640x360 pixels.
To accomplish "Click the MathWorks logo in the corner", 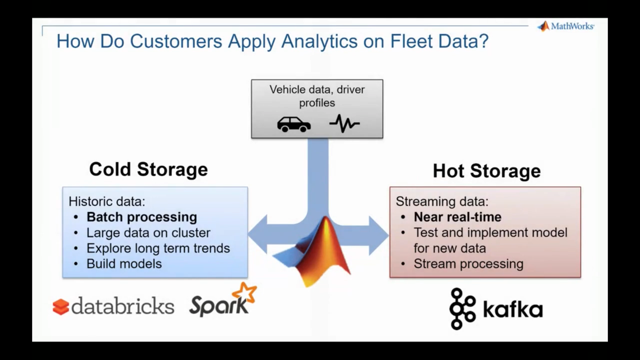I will pos(565,26).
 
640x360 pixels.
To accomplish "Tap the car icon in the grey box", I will pos(294,124).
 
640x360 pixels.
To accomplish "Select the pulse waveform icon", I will pos(344,124).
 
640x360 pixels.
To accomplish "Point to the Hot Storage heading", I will pos(486,171).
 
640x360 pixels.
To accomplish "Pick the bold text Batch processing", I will pos(142,217).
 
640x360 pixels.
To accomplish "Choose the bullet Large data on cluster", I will pos(148,233).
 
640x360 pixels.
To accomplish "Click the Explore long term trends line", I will pos(158,248).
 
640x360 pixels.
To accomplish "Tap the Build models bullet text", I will pos(124,264).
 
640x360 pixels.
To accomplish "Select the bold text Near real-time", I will pos(457,217).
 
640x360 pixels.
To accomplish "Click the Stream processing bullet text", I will pos(468,264).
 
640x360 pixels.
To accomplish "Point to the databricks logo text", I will pos(123,306).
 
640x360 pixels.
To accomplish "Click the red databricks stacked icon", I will pos(61,307).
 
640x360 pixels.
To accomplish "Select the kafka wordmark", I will pos(513,309).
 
